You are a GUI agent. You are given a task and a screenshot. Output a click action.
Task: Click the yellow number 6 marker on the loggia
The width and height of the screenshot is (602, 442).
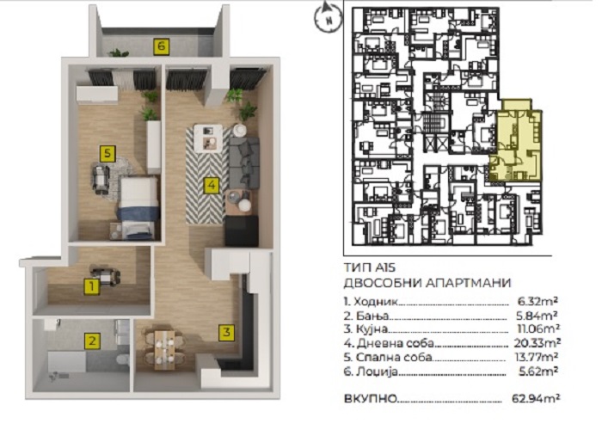(162, 46)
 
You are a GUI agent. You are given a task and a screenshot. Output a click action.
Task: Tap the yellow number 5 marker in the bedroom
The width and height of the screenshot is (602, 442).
(107, 154)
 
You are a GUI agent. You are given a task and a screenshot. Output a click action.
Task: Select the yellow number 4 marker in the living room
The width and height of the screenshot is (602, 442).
(211, 186)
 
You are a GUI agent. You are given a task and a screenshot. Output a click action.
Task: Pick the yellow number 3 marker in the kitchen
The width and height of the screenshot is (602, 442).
(226, 332)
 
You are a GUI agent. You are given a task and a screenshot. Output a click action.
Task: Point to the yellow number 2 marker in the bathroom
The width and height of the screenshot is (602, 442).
(92, 341)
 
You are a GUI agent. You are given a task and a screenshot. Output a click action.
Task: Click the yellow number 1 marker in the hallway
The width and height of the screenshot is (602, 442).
(92, 286)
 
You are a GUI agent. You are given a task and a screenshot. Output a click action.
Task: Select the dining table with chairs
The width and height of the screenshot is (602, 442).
(164, 349)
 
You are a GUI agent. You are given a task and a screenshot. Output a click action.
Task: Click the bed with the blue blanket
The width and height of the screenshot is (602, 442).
(138, 207)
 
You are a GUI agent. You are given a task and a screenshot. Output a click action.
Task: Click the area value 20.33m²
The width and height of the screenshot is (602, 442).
(537, 342)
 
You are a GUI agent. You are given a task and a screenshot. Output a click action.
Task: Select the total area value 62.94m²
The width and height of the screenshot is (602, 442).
(536, 398)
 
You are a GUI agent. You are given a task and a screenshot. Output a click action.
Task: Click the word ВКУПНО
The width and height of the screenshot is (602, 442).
(370, 399)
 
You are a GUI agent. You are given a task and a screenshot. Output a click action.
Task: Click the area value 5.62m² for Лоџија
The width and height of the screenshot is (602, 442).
(537, 371)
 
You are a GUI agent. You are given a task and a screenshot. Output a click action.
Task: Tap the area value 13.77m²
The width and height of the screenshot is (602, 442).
(537, 357)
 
